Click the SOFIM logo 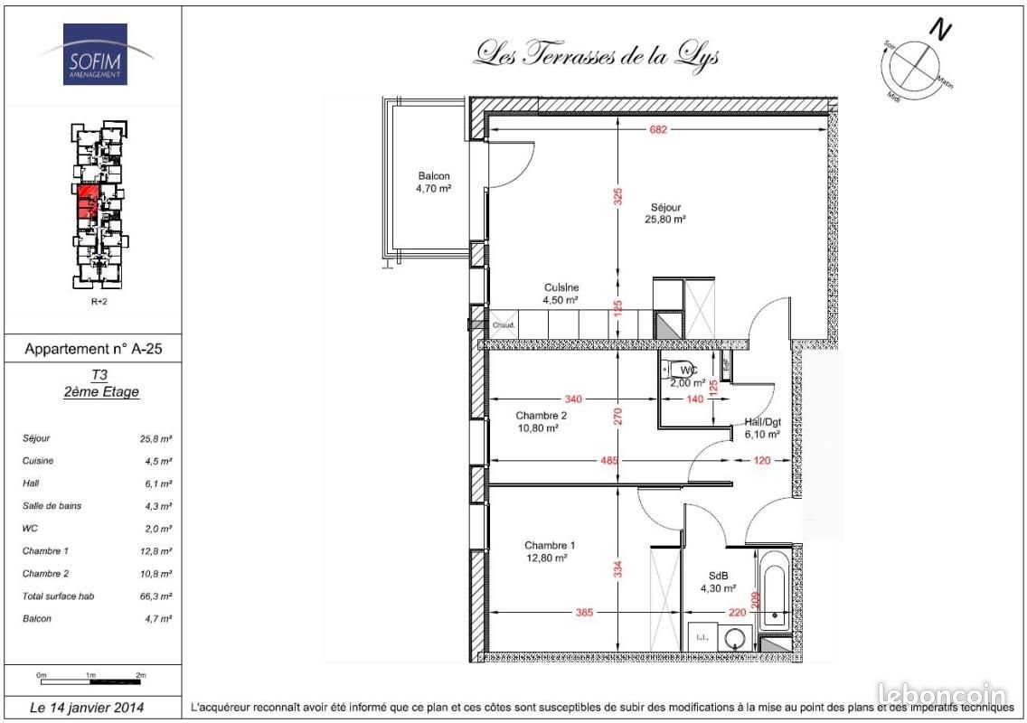[x=95, y=55]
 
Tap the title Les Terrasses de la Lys [x=597, y=55]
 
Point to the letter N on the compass [x=942, y=30]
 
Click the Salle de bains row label [x=52, y=506]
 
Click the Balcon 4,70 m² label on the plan [x=433, y=183]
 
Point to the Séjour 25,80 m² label [x=664, y=213]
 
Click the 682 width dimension [x=657, y=129]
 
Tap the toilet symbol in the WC [x=672, y=369]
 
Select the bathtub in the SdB [x=773, y=588]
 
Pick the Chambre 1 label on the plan [x=549, y=551]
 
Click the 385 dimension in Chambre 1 [x=584, y=613]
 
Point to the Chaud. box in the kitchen [x=504, y=325]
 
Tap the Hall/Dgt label [x=762, y=427]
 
